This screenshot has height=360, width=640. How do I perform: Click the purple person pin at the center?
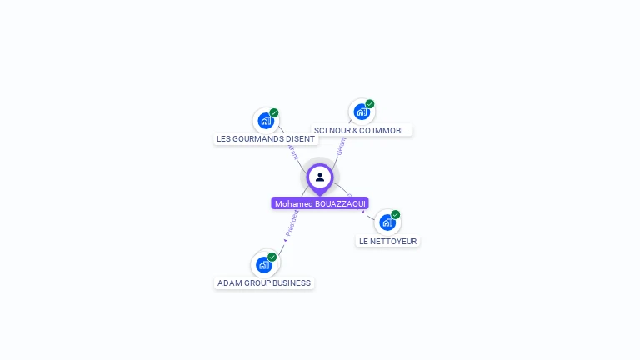click(320, 177)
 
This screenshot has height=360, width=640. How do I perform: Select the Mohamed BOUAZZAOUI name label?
click(320, 203)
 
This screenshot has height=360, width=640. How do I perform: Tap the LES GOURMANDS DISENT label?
click(266, 139)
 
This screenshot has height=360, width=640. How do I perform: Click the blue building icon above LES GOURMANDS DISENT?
click(266, 121)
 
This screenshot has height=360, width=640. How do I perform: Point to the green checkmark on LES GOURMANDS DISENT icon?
click(274, 113)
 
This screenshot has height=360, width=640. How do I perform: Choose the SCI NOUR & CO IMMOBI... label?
click(362, 130)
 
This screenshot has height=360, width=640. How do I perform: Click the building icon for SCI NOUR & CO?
click(361, 112)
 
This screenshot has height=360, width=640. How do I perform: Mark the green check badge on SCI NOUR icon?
click(370, 104)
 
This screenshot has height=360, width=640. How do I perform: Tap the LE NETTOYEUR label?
click(387, 241)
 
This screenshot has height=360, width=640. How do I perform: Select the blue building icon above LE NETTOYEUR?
click(387, 222)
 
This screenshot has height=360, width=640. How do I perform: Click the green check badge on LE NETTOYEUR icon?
click(396, 215)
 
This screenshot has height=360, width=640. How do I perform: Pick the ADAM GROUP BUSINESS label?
click(264, 283)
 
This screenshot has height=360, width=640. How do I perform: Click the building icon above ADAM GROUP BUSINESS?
click(264, 265)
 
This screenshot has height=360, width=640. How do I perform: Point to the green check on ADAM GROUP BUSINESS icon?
click(272, 257)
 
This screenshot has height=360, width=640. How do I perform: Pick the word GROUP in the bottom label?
click(257, 283)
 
